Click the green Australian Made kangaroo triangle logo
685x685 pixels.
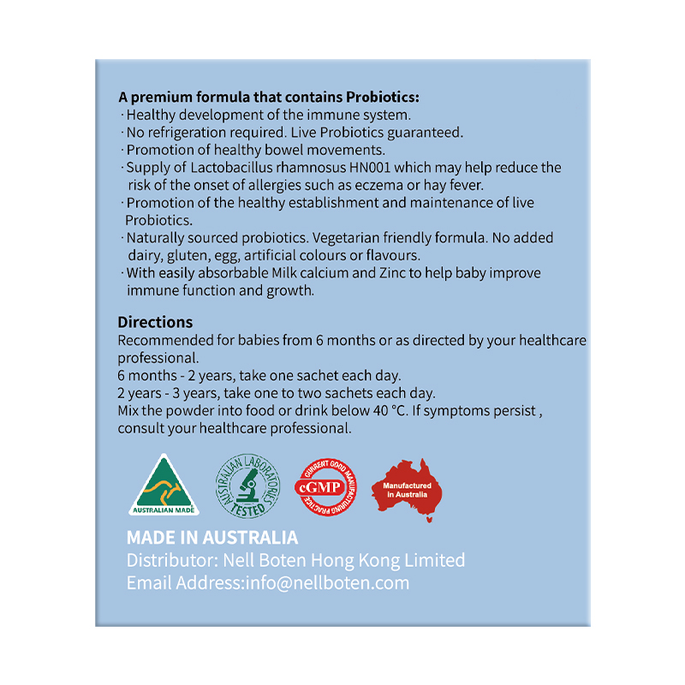164,486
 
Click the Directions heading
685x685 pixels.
155,323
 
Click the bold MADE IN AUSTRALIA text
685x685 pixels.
212,538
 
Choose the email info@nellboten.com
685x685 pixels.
327,583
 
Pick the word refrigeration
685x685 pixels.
188,132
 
